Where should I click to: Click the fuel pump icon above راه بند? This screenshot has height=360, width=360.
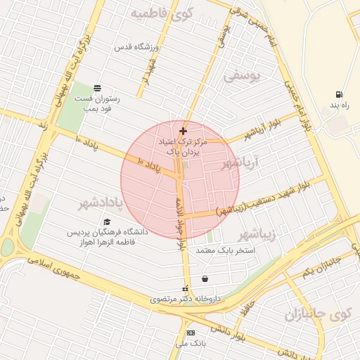pos(340,94)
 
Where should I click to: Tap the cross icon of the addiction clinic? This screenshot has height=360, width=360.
pos(183,131)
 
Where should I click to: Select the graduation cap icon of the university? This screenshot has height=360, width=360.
pos(107,221)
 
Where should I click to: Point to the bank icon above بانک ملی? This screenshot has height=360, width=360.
pos(190,333)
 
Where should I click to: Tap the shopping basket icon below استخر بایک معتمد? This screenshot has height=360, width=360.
pos(205,278)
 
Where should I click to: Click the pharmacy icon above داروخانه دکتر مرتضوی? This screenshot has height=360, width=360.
pos(186,288)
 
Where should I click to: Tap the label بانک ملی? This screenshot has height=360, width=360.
pos(191,344)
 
